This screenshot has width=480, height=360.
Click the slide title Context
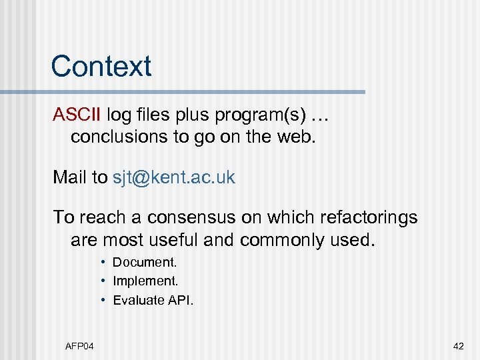point(101,66)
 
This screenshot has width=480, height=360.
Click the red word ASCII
point(77,115)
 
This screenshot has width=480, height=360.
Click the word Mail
point(71,177)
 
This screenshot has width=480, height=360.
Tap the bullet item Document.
point(145,263)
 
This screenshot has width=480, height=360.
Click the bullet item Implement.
point(145,281)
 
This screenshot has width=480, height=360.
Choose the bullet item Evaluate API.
point(153,300)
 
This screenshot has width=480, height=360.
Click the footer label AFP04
point(79,345)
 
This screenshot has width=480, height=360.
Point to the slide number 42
point(458,345)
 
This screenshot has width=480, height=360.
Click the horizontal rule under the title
point(200,91)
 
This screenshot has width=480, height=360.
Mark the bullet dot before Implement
point(104,281)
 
